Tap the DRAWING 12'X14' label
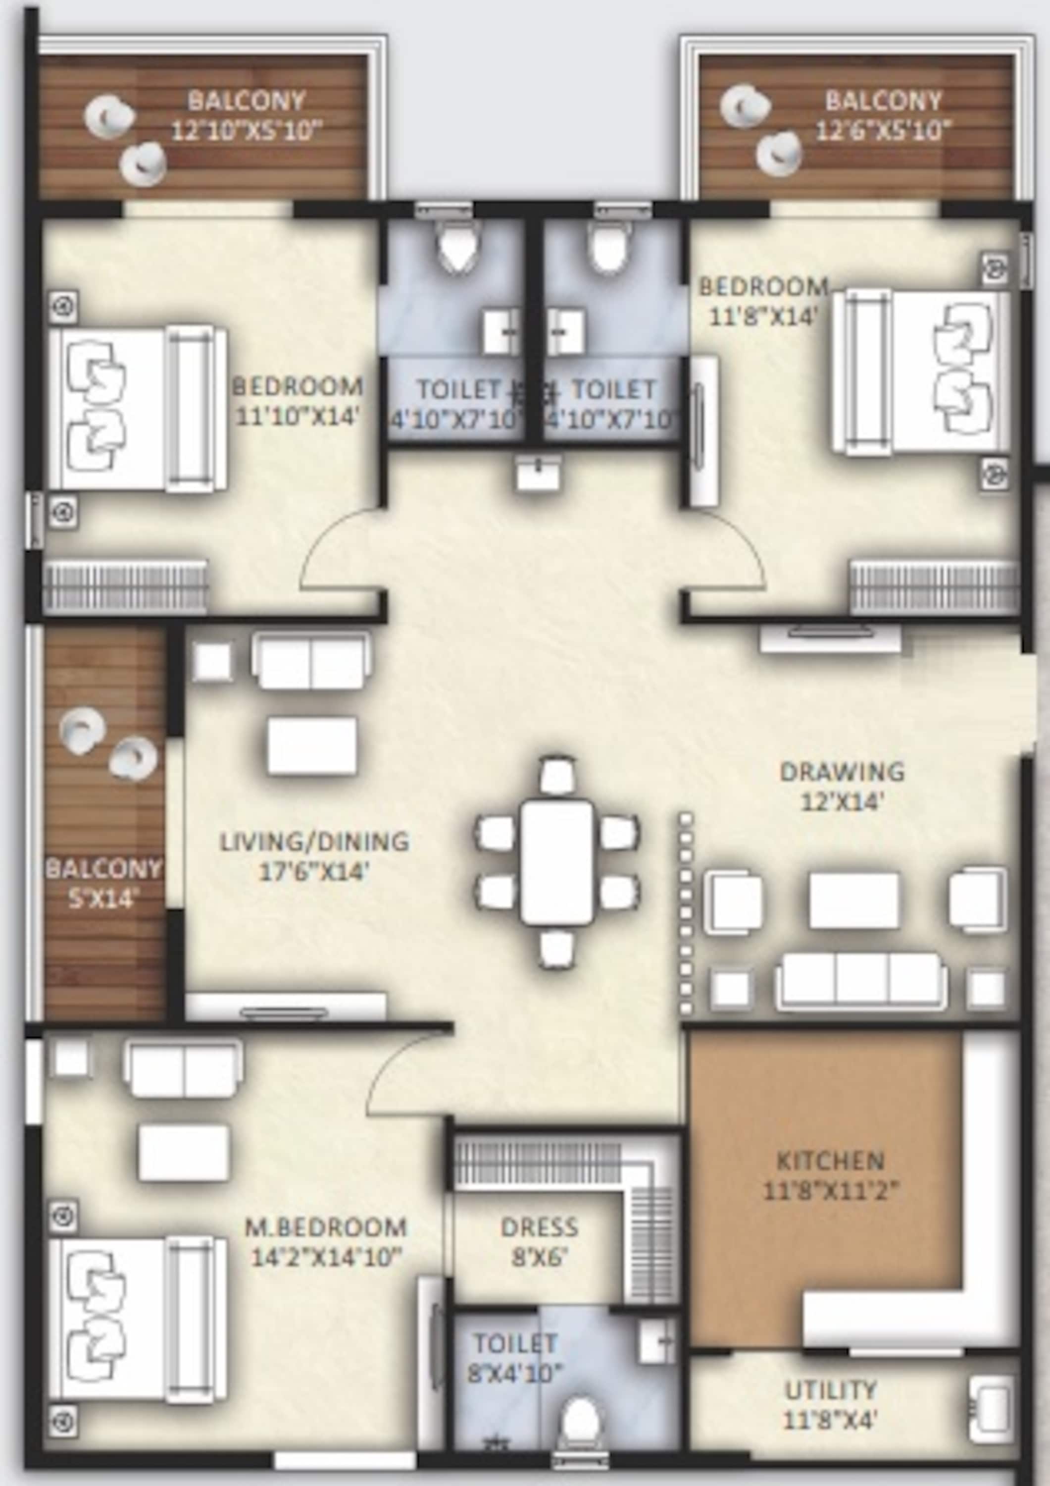[x=843, y=787]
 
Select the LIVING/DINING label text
[x=314, y=842]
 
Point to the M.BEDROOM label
[x=325, y=1227]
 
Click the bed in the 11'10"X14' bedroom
[x=138, y=409]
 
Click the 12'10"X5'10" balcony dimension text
[x=247, y=131]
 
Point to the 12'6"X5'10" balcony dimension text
[x=883, y=131]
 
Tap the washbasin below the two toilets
[x=538, y=472]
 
